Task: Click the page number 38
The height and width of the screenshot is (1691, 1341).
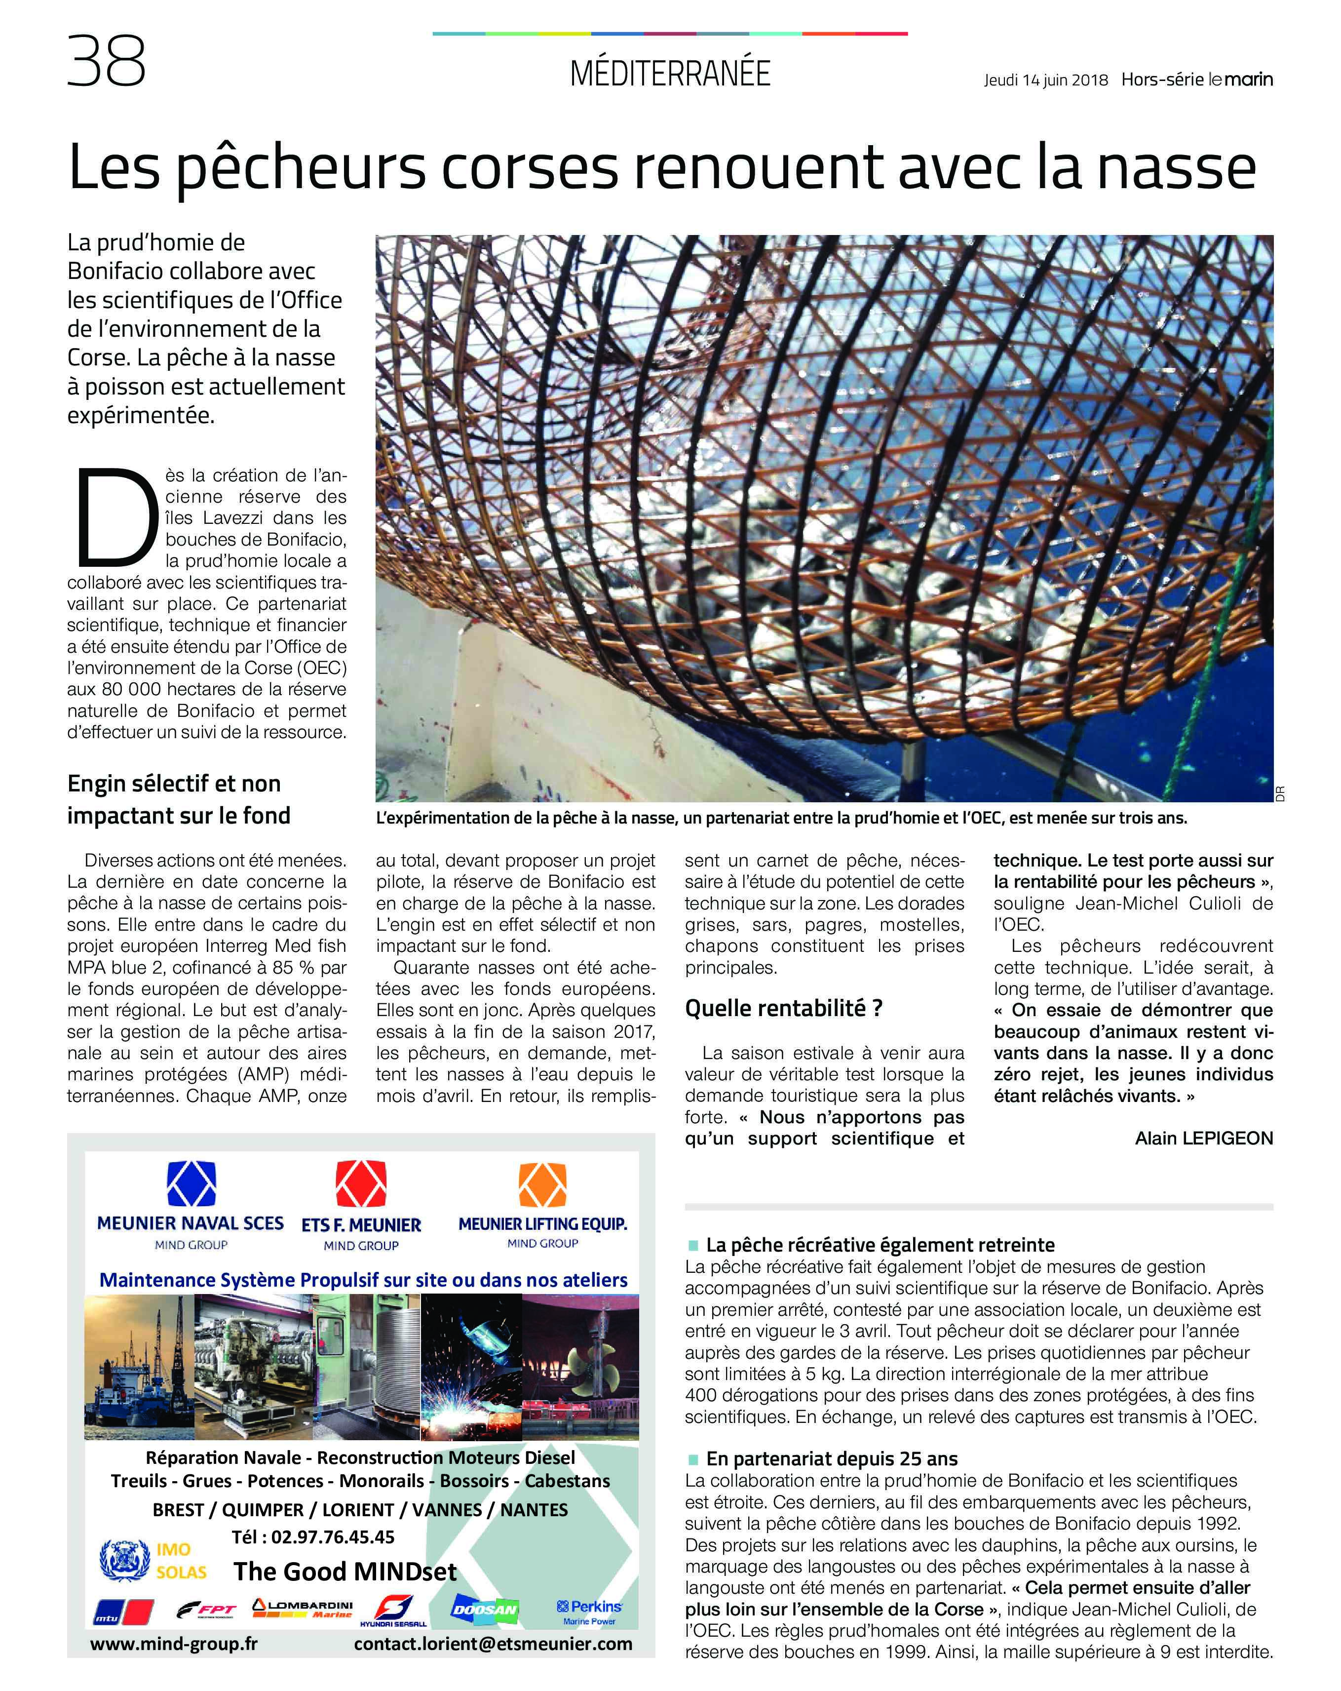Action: (x=106, y=61)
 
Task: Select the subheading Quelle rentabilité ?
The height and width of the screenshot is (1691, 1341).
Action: (x=783, y=1008)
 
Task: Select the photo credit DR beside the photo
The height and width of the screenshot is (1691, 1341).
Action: (x=1280, y=793)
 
